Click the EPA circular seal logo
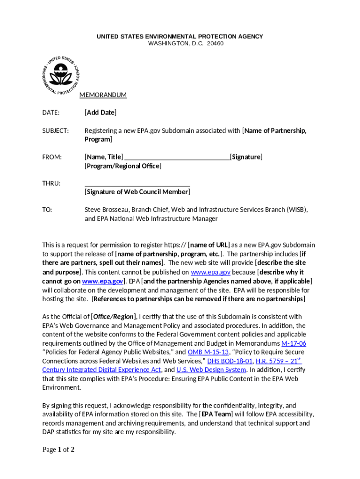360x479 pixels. pos(61,75)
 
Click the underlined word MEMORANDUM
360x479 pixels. pos(103,95)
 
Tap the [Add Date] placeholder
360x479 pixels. pos(101,113)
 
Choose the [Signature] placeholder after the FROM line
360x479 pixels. pos(246,157)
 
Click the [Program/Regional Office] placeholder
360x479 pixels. pos(123,166)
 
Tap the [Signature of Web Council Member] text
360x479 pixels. pos(137,192)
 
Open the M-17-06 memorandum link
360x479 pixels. pos(294,343)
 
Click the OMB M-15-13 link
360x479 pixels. pos(208,352)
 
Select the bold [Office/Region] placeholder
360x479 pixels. pos(114,317)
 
